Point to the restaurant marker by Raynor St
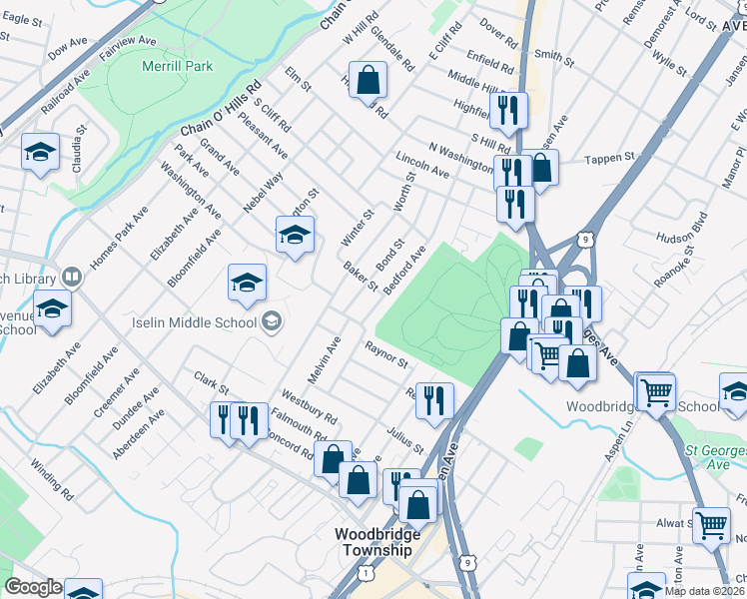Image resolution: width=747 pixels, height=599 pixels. (434, 400)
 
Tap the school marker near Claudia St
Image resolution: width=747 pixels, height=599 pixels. (39, 152)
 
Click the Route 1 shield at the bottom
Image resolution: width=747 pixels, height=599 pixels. (368, 573)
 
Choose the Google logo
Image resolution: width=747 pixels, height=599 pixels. (33, 587)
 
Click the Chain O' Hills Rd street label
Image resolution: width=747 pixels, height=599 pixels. (221, 110)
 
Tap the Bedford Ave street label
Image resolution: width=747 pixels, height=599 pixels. (404, 268)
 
